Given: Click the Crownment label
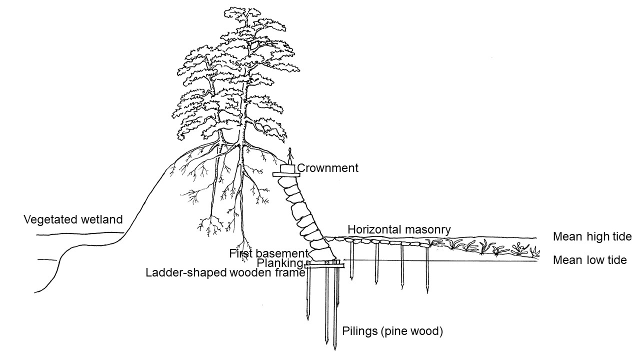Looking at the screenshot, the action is [x=327, y=168].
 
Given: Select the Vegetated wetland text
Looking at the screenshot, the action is [x=73, y=219].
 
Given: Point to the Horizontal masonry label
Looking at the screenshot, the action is [x=399, y=229].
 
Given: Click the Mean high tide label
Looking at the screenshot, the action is [x=592, y=236].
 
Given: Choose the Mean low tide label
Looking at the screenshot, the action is [x=590, y=260].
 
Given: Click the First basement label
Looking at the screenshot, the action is [x=268, y=253].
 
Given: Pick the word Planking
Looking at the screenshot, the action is [x=279, y=263].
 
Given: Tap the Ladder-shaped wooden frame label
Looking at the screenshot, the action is [x=225, y=273].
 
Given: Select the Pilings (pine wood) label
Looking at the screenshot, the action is [x=392, y=331].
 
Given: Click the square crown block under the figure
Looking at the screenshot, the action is [x=287, y=168].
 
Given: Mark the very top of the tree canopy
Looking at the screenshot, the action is [x=242, y=8].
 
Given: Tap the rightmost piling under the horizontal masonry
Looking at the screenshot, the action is [x=427, y=269].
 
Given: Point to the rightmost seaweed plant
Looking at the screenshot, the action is [x=535, y=251].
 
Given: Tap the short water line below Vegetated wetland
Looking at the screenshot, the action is [x=47, y=259].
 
